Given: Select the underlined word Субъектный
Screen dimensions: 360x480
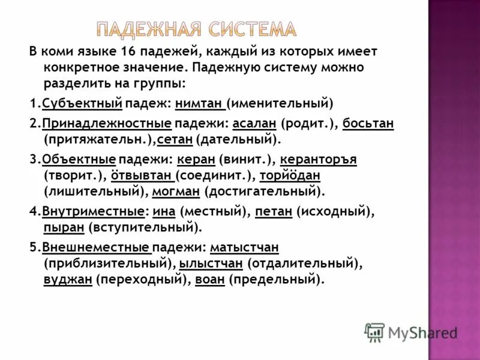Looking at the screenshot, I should [82, 103].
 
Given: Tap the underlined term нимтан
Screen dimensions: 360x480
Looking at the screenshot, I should [200, 103].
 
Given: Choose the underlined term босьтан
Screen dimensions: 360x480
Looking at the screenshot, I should [368, 123].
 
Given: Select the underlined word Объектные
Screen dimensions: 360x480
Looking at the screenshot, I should [79, 160].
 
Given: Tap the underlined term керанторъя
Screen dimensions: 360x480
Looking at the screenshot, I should [319, 160].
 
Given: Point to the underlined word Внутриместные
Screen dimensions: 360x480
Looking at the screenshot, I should [92, 212].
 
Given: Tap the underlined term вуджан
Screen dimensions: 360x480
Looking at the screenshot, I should [67, 279].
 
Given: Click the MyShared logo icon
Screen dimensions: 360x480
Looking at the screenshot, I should [374, 332].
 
